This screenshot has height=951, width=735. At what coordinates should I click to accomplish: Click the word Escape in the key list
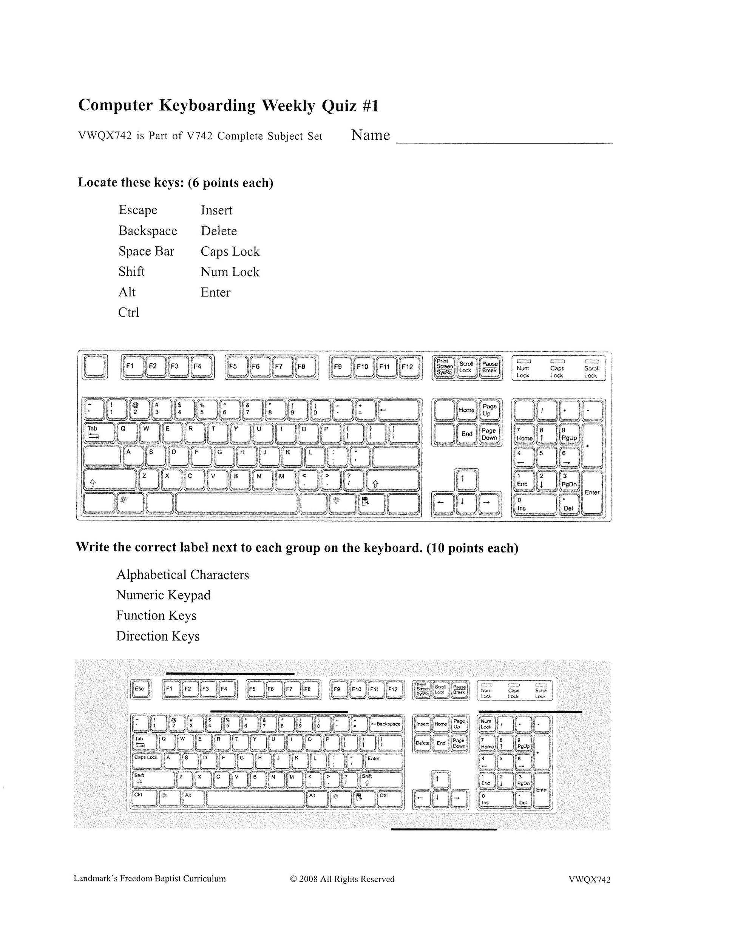coord(137,210)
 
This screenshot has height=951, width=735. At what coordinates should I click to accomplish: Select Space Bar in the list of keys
coord(146,251)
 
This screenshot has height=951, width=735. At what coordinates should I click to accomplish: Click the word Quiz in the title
coord(339,106)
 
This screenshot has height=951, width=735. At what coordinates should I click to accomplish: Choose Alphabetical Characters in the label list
coord(182,575)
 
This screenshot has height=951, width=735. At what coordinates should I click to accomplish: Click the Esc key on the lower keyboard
coord(140,689)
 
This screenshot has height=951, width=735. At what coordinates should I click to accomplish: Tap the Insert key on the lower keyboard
coord(422,724)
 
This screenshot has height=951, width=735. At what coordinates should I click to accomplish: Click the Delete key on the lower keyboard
coord(422,743)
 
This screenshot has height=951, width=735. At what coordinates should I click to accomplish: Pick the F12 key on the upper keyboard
coord(407,367)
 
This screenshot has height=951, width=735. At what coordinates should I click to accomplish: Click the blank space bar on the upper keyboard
coord(236,503)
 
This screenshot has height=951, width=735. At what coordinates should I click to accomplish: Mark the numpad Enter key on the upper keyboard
coord(592,492)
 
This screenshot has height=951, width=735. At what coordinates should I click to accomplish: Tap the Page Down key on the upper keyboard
coord(489,434)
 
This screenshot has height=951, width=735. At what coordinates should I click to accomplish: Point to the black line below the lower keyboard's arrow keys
coord(444,829)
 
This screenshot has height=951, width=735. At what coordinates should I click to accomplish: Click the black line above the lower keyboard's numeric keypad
coord(530,712)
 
